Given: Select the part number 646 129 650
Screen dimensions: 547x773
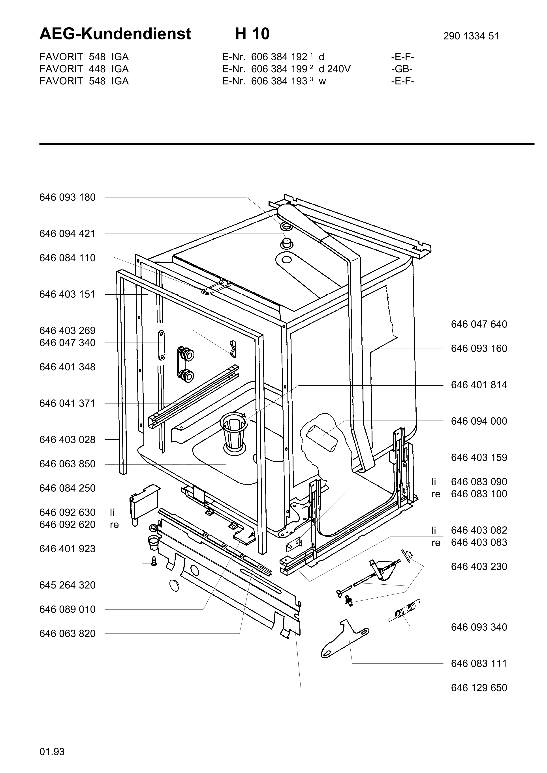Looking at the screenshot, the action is click(479, 688).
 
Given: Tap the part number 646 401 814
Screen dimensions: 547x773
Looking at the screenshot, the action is click(479, 385).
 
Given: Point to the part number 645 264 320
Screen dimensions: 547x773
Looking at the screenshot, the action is click(67, 585).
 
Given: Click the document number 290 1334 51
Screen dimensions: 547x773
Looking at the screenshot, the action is click(471, 36).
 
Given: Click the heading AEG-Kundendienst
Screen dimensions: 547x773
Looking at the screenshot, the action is click(115, 34).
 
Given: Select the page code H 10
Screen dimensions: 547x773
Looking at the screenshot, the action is click(252, 34).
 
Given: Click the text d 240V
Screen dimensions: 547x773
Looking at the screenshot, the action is click(335, 69).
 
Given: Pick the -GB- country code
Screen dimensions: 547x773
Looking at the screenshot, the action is click(402, 69).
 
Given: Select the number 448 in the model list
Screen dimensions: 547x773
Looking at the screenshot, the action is click(97, 69).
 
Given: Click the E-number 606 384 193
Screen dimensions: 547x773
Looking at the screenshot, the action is click(279, 81).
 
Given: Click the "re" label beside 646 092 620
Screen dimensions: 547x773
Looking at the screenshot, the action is click(115, 525).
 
